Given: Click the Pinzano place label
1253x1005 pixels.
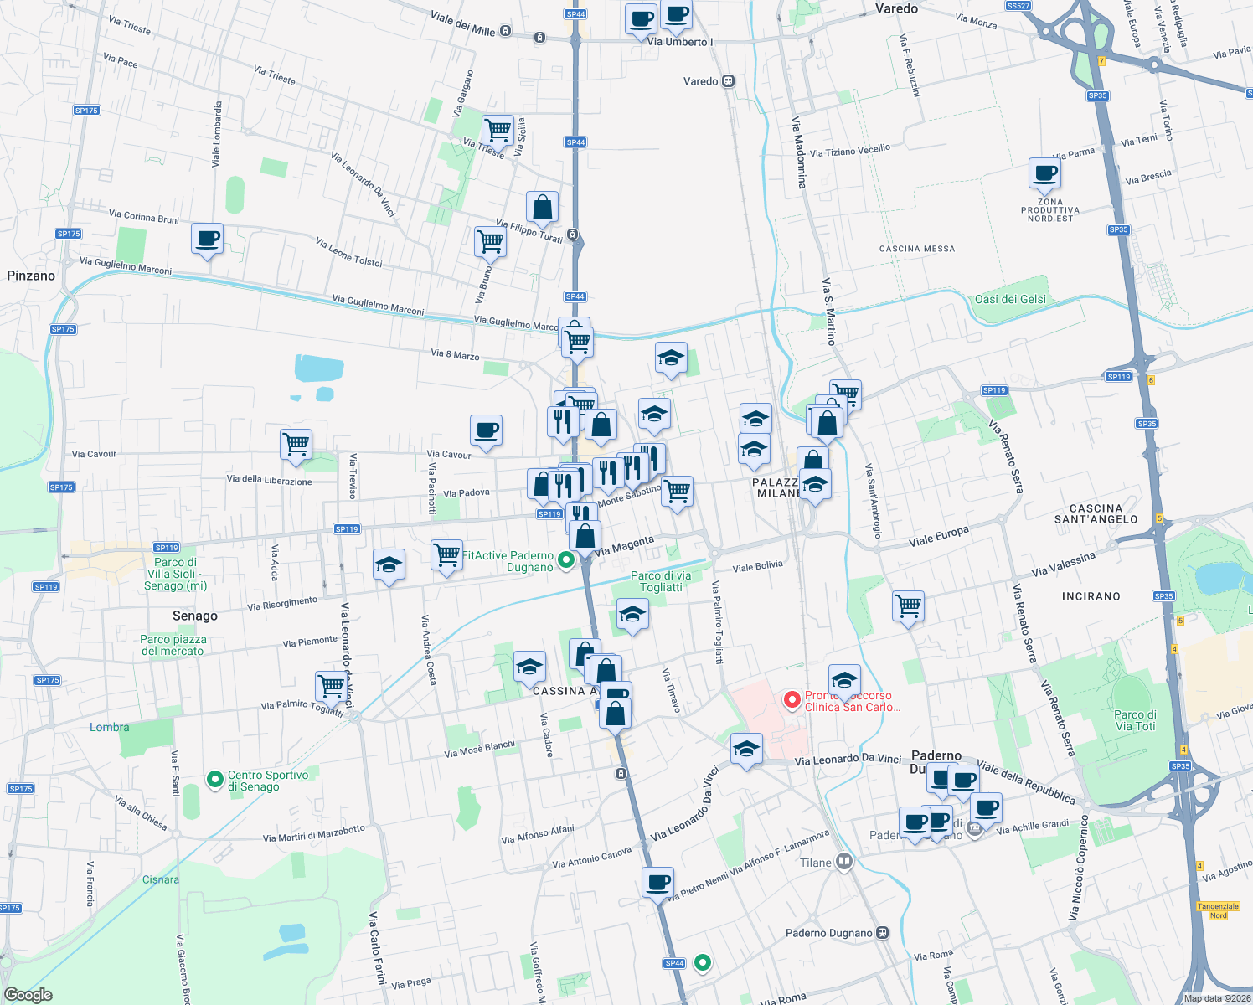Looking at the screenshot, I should click(31, 276).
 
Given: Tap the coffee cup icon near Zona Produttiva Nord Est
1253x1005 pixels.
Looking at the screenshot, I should click(1044, 174).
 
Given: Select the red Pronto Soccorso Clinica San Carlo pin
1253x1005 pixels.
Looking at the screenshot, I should click(792, 698).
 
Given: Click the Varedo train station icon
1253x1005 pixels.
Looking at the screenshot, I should click(729, 81).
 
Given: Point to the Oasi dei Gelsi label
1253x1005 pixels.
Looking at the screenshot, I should click(1010, 299).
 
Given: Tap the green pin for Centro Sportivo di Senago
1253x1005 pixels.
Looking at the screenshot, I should click(214, 780).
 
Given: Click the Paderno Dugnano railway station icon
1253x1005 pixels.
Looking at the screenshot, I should click(882, 933).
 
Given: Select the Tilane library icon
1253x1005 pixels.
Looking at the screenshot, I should click(844, 862).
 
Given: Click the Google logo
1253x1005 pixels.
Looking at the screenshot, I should click(28, 994).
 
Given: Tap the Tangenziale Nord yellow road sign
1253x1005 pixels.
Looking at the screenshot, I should click(1218, 910).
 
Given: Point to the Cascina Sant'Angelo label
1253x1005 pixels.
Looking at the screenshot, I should click(1096, 513).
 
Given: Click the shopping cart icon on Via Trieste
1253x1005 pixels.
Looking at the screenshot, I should click(498, 130).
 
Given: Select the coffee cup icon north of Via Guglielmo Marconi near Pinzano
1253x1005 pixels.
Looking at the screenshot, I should click(207, 239).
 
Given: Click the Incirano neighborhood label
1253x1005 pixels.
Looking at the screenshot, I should click(1091, 596).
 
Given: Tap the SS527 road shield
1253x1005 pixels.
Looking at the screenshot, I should click(1018, 6).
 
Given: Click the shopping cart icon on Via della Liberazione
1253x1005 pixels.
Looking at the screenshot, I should click(296, 444).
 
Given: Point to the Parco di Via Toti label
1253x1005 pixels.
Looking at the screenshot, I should click(1135, 720).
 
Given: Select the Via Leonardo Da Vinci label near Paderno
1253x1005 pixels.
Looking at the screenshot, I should click(848, 760).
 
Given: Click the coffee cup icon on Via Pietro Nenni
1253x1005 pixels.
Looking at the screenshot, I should click(658, 882).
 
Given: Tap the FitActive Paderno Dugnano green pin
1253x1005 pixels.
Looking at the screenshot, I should click(566, 560).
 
